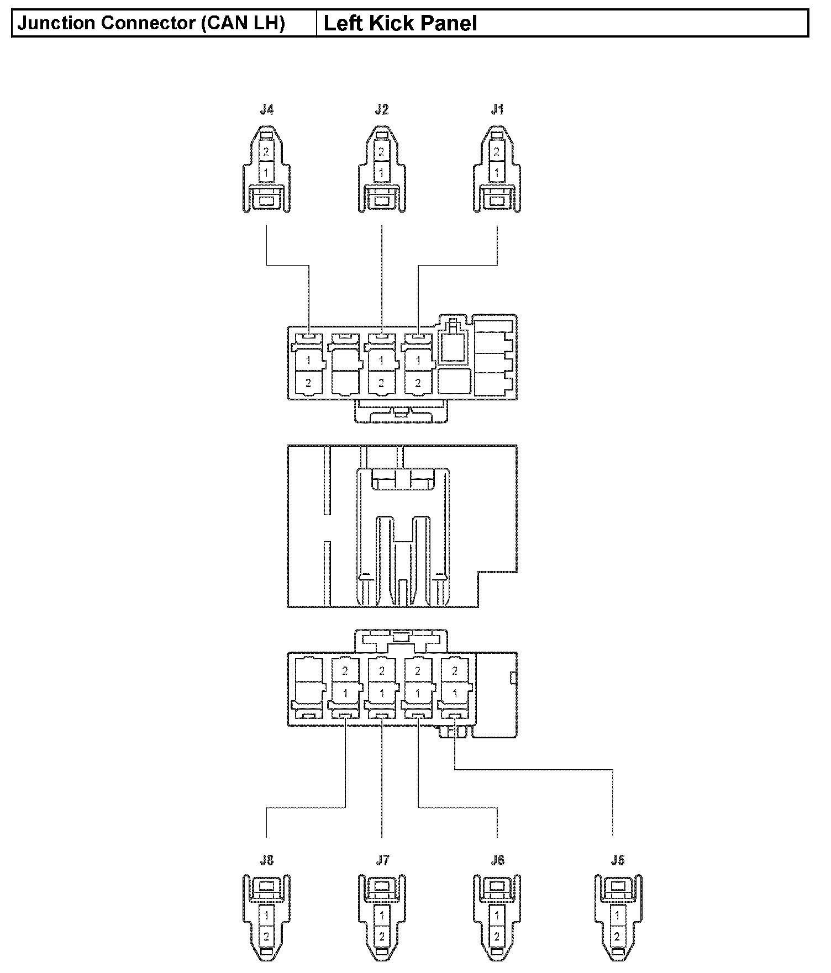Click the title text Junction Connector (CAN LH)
151,24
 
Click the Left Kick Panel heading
400,24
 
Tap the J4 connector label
266,110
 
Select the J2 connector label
382,110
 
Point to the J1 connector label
497,110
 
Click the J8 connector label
266,860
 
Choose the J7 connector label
382,860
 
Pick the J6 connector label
497,860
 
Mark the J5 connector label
618,860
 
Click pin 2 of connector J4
266,151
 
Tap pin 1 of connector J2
381,173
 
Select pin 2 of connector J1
497,151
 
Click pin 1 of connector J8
266,915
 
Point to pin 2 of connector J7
382,937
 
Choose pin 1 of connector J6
497,915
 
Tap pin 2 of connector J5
618,937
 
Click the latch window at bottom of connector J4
266,202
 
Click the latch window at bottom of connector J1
497,202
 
